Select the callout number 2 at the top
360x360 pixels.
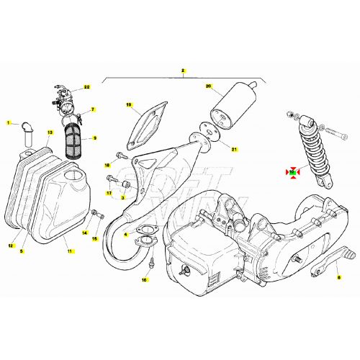coord(183,71)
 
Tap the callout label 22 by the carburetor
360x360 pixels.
coord(87,87)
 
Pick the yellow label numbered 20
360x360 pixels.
coord(209,86)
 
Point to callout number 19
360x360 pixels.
coord(130,105)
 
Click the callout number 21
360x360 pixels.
coord(233,149)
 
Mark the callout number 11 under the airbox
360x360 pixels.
coord(70,250)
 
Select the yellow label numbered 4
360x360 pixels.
coord(127,234)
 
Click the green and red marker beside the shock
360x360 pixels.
coord(293,171)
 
